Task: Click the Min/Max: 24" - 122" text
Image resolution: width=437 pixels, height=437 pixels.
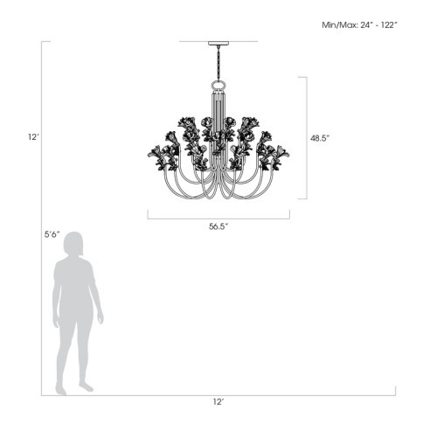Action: pyautogui.click(x=359, y=26)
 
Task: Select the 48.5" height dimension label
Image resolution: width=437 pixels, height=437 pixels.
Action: pyautogui.click(x=321, y=138)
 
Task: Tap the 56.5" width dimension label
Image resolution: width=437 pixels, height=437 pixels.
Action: pyautogui.click(x=218, y=226)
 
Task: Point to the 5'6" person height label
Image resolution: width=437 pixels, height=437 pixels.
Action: pyautogui.click(x=52, y=234)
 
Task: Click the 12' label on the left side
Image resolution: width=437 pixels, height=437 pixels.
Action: pyautogui.click(x=33, y=137)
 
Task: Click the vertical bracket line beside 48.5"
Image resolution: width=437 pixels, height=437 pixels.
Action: pyautogui.click(x=306, y=138)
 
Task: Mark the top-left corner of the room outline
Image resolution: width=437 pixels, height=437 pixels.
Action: pyautogui.click(x=41, y=41)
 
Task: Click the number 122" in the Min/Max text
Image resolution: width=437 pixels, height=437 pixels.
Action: pyautogui.click(x=387, y=26)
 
